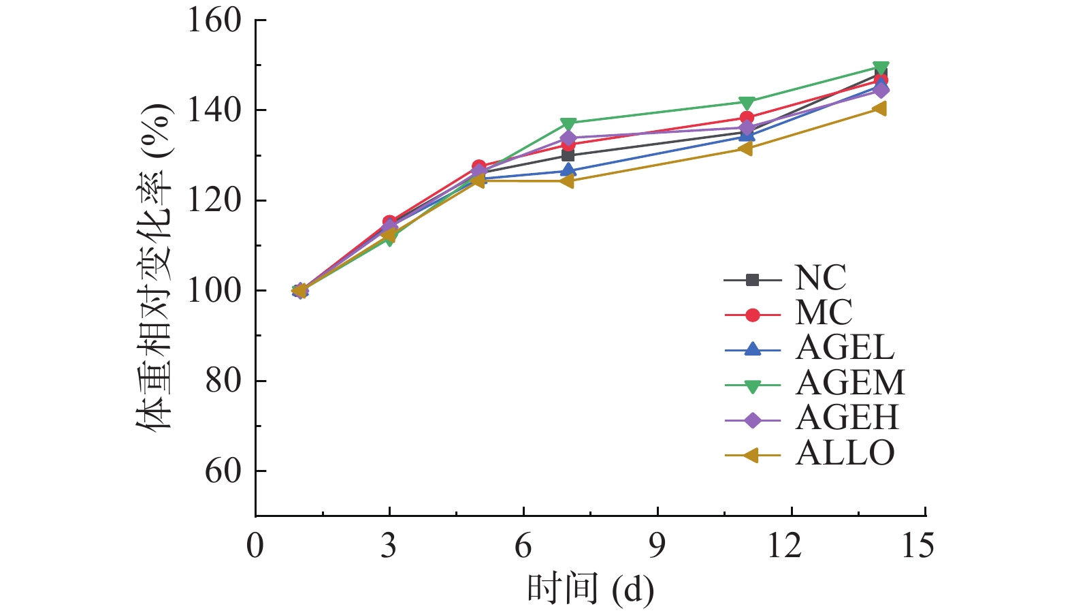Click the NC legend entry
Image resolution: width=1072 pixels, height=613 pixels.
coord(820,278)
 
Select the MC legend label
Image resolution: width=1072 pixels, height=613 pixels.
coord(824,313)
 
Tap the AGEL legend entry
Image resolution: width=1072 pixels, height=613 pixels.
coord(845,349)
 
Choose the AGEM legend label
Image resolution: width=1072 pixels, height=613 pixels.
coord(850,383)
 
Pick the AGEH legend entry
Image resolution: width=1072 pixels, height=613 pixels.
coord(847,418)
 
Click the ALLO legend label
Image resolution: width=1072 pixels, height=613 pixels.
coord(845,454)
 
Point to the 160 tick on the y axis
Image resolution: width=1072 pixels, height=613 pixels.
coord(214,20)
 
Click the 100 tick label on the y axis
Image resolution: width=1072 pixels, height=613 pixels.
coord(214,291)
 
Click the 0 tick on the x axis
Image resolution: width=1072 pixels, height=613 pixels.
coord(255,546)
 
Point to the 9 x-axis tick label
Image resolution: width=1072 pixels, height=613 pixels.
coord(657,546)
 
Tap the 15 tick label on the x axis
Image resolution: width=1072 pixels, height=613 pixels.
coord(917,546)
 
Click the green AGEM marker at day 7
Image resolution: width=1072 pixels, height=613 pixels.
coord(568,124)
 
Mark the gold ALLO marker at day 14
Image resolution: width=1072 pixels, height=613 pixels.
coord(879,108)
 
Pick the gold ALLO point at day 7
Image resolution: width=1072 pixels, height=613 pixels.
coord(568,181)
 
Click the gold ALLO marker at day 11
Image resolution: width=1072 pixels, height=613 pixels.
coord(746,148)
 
